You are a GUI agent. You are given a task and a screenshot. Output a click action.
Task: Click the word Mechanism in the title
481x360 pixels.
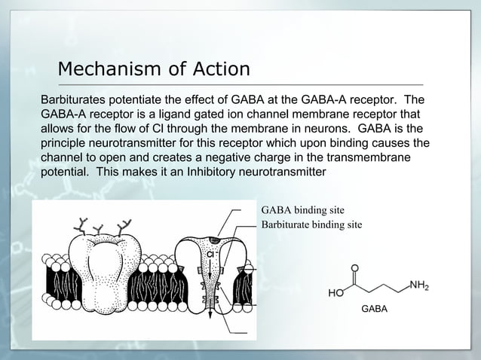coord(109,69)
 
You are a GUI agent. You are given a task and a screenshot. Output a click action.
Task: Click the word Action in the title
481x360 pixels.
coord(222,69)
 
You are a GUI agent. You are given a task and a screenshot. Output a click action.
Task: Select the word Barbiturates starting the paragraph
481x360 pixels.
coord(73,99)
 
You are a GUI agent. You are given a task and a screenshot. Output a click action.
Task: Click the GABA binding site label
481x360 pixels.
coord(303,210)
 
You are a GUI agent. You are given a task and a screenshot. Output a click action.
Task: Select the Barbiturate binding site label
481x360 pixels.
coord(311,224)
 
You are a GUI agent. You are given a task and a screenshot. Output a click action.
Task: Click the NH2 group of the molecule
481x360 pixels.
coord(418,285)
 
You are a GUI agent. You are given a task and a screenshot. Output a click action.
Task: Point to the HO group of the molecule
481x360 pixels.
coord(336,293)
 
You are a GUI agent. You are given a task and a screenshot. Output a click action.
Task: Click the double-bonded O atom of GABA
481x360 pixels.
coord(354,268)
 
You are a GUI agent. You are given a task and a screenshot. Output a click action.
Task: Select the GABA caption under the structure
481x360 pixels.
coord(374,309)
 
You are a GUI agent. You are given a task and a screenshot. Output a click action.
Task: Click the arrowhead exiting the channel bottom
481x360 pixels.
coord(210,315)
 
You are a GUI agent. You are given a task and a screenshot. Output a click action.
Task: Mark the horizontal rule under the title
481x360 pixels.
coord(240,84)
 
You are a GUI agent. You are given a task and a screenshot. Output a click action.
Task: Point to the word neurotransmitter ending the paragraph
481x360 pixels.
coord(282,172)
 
